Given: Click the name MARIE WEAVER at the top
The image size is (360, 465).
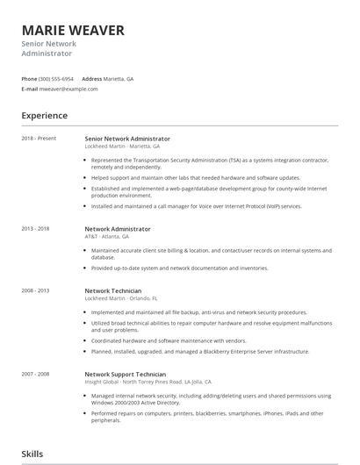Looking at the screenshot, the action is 73,31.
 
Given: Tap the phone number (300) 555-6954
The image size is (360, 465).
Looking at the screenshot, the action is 57,78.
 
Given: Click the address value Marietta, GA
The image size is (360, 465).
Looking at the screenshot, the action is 119,78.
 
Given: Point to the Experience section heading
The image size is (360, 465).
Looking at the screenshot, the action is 44,115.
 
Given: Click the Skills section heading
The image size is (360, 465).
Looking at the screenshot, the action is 32,454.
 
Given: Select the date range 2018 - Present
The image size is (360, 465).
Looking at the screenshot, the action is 39,139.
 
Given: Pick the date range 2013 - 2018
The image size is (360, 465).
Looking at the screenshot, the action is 37,229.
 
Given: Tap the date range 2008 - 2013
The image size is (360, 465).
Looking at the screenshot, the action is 37,290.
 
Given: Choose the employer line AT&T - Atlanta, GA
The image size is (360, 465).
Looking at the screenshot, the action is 106,237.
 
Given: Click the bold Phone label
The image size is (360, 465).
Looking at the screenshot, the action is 29,78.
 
